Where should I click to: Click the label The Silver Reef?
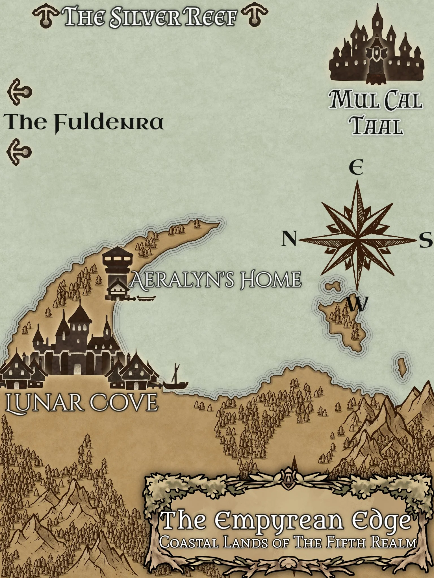[x=150, y=17]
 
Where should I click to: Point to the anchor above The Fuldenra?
[x=19, y=92]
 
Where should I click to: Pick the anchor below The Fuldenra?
[x=19, y=152]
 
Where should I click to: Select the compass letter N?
[x=289, y=238]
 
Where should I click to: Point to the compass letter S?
[x=425, y=240]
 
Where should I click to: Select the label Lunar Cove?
[x=82, y=403]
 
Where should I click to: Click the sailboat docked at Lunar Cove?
[x=175, y=380]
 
